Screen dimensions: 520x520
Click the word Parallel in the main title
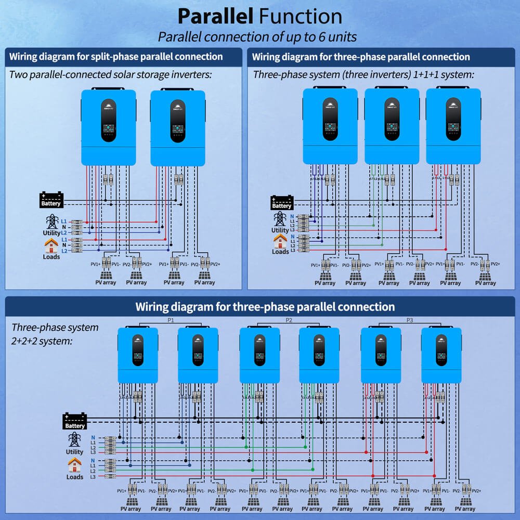(x=215, y=16)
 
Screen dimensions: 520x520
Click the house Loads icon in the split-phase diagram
(x=51, y=244)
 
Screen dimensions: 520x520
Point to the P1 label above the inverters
(x=170, y=320)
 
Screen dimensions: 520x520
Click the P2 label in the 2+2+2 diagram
(x=290, y=320)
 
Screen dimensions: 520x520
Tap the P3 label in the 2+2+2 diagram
(x=410, y=320)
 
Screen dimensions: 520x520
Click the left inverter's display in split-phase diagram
(x=109, y=128)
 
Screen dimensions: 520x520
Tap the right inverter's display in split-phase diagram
(x=178, y=128)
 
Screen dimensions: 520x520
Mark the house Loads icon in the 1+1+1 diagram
(x=280, y=241)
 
